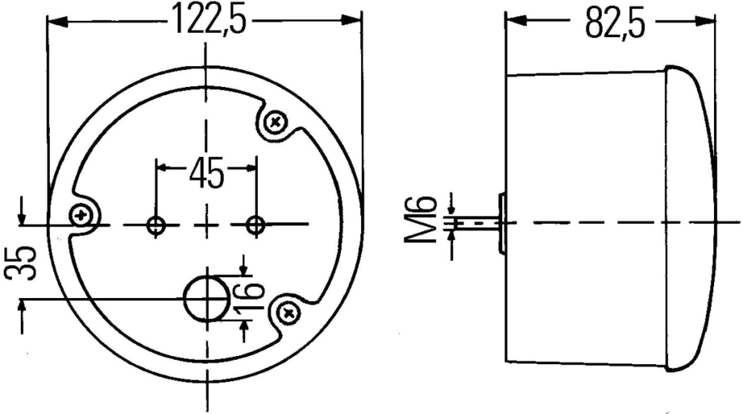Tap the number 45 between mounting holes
click(206, 172)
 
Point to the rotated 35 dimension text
click(20, 263)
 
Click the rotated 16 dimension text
click(249, 296)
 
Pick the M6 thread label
click(420, 219)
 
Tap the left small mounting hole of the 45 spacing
click(156, 226)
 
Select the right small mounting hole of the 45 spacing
click(256, 226)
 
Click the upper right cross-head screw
click(276, 122)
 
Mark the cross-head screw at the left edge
click(81, 215)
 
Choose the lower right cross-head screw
click(288, 313)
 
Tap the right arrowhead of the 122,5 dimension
click(352, 20)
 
